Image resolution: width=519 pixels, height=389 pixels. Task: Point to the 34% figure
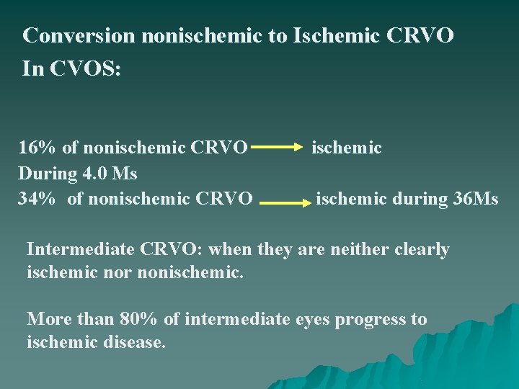coord(37,198)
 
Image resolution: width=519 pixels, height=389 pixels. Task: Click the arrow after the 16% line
coord(278,148)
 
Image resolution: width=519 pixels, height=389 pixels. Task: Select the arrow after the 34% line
coord(284,204)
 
